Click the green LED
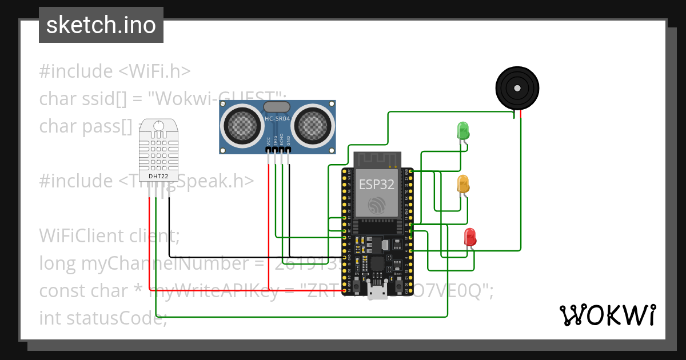click(x=462, y=130)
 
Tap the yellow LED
click(x=462, y=184)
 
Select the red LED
click(x=469, y=237)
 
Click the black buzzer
click(x=517, y=88)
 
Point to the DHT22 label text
click(x=158, y=176)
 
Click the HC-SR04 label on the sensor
click(x=277, y=119)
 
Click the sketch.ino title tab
click(x=101, y=25)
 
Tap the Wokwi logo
click(x=607, y=315)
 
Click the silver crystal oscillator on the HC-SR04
click(x=277, y=107)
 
